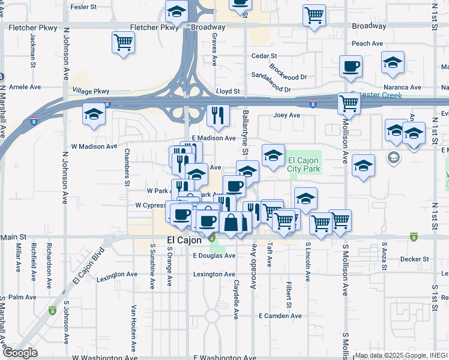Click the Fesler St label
[x=84, y=7]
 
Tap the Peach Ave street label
[x=367, y=44]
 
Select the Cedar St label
[x=263, y=56]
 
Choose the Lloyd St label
[x=228, y=92]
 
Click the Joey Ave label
[x=286, y=115]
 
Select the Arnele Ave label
[x=25, y=87]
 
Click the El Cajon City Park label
[x=304, y=164]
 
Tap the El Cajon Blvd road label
[x=88, y=266]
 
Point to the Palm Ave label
[x=22, y=297]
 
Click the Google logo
[x=20, y=353]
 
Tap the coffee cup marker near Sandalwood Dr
[x=351, y=67]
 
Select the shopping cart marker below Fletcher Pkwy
[x=123, y=43]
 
